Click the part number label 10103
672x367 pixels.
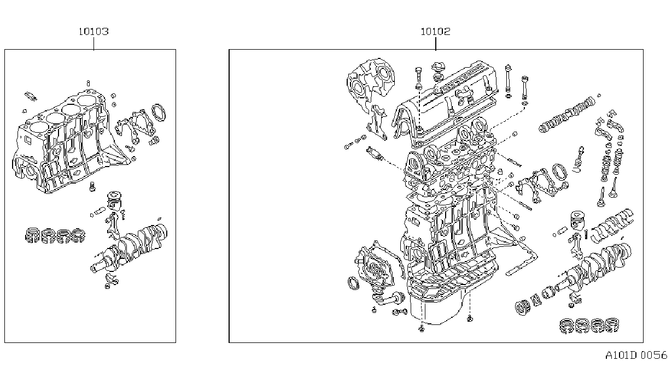(x=94, y=32)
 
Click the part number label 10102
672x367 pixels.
(x=435, y=32)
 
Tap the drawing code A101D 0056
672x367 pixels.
(x=636, y=355)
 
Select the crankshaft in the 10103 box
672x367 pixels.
(x=129, y=248)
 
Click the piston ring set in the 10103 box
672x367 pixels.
(x=55, y=235)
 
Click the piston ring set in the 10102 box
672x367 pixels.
(x=589, y=325)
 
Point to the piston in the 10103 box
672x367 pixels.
(x=114, y=200)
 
